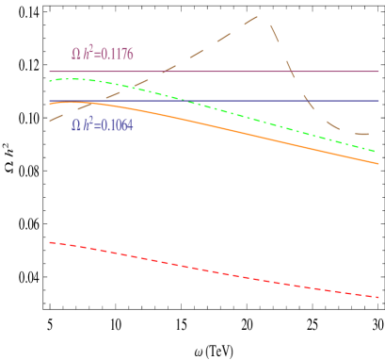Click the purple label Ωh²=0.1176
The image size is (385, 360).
103,55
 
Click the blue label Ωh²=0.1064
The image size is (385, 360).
103,125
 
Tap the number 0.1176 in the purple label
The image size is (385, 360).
115,55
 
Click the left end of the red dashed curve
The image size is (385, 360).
49,242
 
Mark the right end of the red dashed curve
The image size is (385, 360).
380,297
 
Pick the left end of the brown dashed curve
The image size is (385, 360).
49,121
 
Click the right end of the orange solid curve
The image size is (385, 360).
379,164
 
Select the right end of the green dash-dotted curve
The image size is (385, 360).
379,152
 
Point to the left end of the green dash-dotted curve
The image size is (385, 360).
49,82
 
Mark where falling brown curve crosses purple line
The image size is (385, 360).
288,72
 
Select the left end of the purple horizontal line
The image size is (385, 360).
49,72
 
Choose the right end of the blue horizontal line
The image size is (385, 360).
378,101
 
